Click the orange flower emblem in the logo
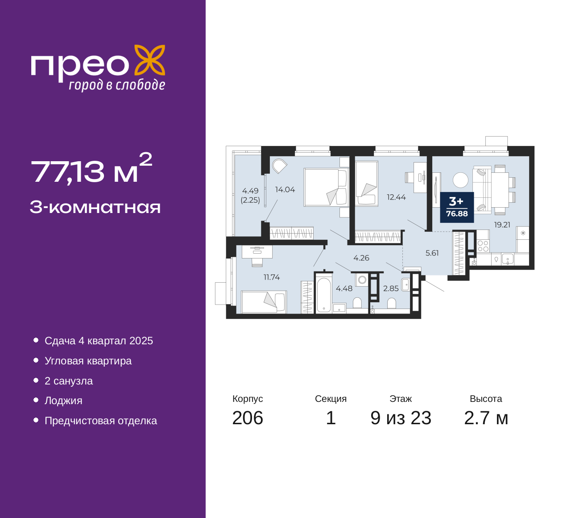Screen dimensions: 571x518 coord(149,60)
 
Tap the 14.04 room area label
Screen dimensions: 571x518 coord(285,190)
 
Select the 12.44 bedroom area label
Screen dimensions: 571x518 coord(396,197)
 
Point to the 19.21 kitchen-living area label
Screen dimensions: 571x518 coord(502,225)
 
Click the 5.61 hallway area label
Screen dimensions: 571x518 coord(432,253)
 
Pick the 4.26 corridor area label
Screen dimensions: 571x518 coord(361,258)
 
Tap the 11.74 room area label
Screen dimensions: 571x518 coord(272,277)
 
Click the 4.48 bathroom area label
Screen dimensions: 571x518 coord(344,288)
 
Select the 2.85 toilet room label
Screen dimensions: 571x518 coord(391,288)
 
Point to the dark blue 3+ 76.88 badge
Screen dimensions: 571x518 coord(457,208)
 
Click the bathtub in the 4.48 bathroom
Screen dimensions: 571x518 coord(324,295)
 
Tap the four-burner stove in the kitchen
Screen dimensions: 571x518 coord(483,246)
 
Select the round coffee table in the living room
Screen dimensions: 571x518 coord(460,180)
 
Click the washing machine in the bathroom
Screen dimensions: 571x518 coord(362,280)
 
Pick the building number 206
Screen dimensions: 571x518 coord(248,418)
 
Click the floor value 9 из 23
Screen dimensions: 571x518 coord(401,418)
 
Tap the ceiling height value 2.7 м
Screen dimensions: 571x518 coord(486,418)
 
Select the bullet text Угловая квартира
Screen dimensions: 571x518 coord(88,361)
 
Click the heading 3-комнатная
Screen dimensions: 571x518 coord(95,207)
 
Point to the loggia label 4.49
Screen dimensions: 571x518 coord(250,191)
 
